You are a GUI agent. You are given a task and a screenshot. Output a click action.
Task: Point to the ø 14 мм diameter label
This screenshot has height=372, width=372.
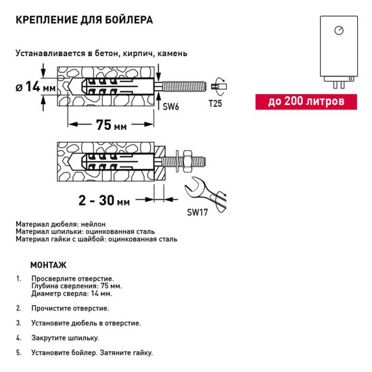tap(34, 86)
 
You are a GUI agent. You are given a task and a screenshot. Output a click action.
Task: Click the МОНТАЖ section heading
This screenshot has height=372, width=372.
tap(49, 265)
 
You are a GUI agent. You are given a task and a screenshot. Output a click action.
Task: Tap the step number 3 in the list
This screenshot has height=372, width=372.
tap(19, 323)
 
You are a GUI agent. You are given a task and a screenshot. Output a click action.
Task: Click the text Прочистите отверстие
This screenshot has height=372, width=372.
tap(70, 308)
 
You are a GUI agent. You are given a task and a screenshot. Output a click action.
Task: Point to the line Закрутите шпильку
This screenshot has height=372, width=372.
tap(65, 338)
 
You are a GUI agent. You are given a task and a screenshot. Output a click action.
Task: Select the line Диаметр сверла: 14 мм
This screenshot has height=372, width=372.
tap(72, 294)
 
